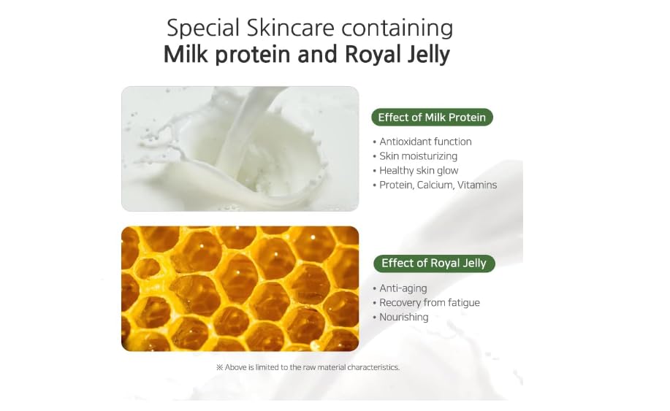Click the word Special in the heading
(x=202, y=28)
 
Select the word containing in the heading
(x=397, y=28)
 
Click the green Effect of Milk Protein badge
(x=432, y=118)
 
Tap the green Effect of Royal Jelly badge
(x=434, y=264)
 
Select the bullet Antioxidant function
(x=422, y=142)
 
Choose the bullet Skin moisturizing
(x=415, y=156)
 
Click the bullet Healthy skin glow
(x=415, y=171)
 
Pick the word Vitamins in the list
(x=477, y=185)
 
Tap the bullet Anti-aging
(x=400, y=288)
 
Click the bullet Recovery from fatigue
(x=426, y=303)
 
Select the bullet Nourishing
(x=400, y=317)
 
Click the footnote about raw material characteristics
(x=308, y=367)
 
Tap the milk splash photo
(x=240, y=149)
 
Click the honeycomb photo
(x=240, y=289)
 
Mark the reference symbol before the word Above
(x=220, y=367)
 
